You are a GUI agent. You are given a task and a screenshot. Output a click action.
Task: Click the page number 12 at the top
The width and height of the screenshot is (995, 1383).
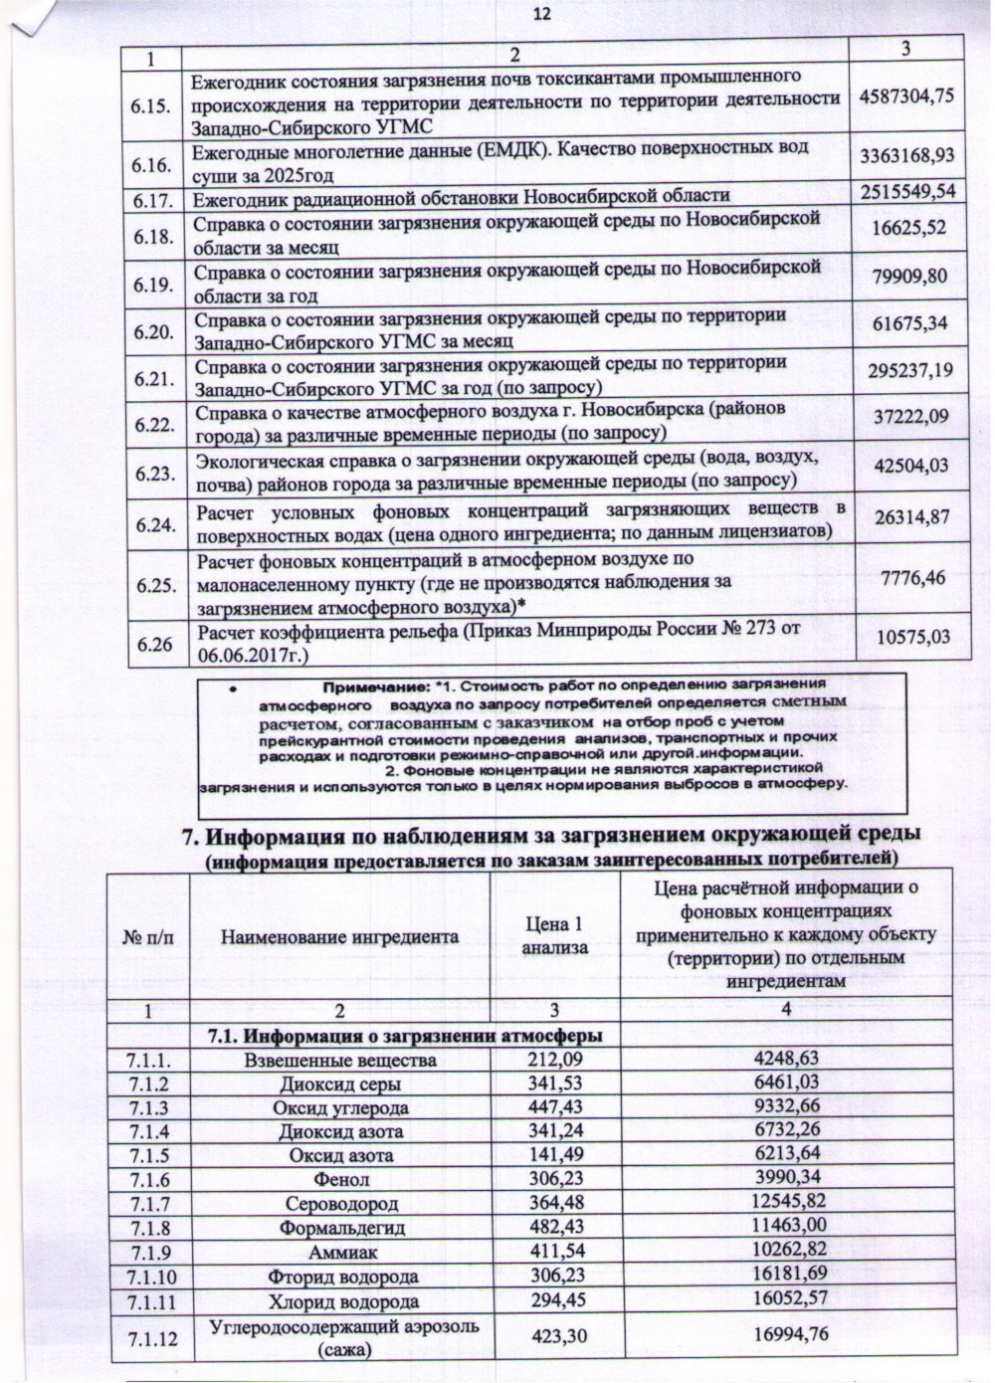[x=541, y=14]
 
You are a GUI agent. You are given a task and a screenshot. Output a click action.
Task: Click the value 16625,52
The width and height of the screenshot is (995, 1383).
[x=908, y=230]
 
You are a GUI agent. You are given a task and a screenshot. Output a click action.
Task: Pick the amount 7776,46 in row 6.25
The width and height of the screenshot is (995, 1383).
[x=908, y=577]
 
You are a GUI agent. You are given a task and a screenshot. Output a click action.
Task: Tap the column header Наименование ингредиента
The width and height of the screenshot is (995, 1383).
[x=339, y=936]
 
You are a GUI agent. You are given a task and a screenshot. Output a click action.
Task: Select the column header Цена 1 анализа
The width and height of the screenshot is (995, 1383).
[x=555, y=936]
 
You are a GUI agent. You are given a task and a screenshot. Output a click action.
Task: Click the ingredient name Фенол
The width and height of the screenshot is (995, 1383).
[x=340, y=1180]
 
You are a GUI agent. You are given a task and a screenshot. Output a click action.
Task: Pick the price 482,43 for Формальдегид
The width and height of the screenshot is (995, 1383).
[x=555, y=1228]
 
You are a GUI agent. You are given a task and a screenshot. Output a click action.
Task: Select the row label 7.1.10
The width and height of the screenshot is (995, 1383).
[x=152, y=1277]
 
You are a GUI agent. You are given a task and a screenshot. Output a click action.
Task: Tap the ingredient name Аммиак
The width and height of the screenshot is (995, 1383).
[x=340, y=1253]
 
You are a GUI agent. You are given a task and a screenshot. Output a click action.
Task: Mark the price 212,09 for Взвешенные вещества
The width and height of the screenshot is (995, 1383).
[x=555, y=1059]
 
